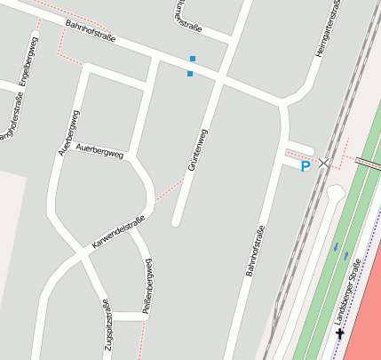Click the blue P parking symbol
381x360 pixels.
coord(306,166)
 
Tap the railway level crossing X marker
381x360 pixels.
coord(324,163)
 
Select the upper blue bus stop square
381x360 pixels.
coord(193,59)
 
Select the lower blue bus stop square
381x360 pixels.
coord(190,74)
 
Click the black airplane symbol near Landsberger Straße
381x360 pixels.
coord(340,333)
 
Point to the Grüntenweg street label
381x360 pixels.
coord(197,149)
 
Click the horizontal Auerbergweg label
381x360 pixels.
coord(99,150)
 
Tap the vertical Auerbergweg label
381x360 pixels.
coord(69,132)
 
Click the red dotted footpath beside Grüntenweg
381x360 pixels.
coord(169,189)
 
